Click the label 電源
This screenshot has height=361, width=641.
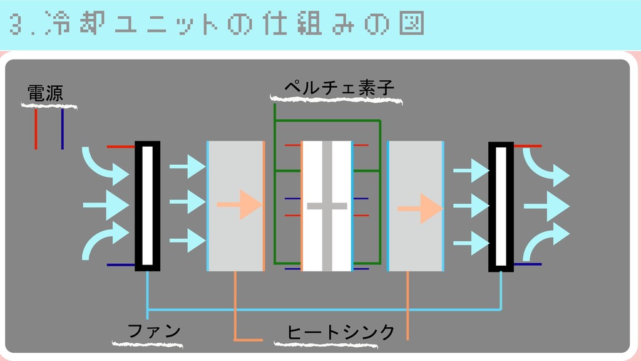coord(45,93)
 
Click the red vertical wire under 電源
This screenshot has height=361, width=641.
coord(36,129)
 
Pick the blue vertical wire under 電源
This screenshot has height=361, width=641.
coord(63,129)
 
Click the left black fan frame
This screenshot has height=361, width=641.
coord(147,206)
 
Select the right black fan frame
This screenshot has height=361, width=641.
coord(501,206)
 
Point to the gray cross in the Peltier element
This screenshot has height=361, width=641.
coord(327,206)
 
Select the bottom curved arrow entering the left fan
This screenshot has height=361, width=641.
coord(104,241)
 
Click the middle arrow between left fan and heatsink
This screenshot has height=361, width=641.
coord(188,202)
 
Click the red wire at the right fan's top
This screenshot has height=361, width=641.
coord(528,146)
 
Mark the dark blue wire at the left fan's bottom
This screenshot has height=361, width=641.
coord(121,265)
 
